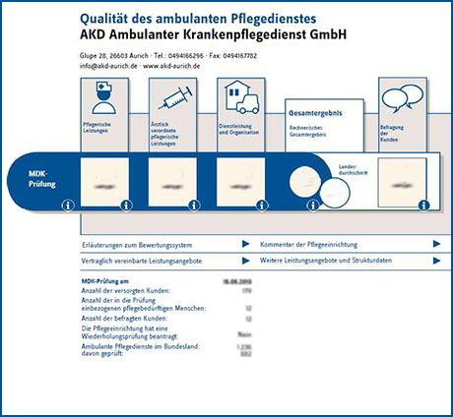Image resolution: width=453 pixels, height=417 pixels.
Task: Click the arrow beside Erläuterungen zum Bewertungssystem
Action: point(245,243)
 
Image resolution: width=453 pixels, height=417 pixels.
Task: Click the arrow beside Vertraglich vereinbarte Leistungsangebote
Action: point(245,262)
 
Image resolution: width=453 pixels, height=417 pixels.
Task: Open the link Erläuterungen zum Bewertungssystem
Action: point(136,243)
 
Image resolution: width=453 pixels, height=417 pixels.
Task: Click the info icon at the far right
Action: point(422,206)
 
